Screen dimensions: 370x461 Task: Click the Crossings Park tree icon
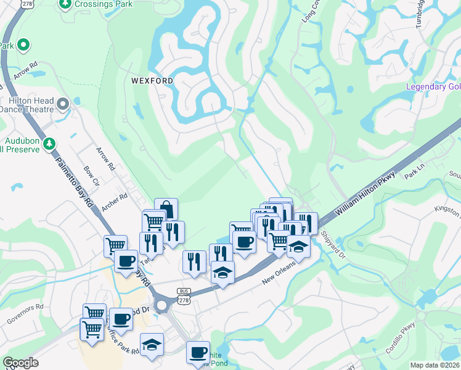[x=65, y=4]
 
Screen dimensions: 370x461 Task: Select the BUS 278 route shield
[x=184, y=295]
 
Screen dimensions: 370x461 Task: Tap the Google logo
[x=20, y=363]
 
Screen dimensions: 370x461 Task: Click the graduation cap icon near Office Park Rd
[x=152, y=345]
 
